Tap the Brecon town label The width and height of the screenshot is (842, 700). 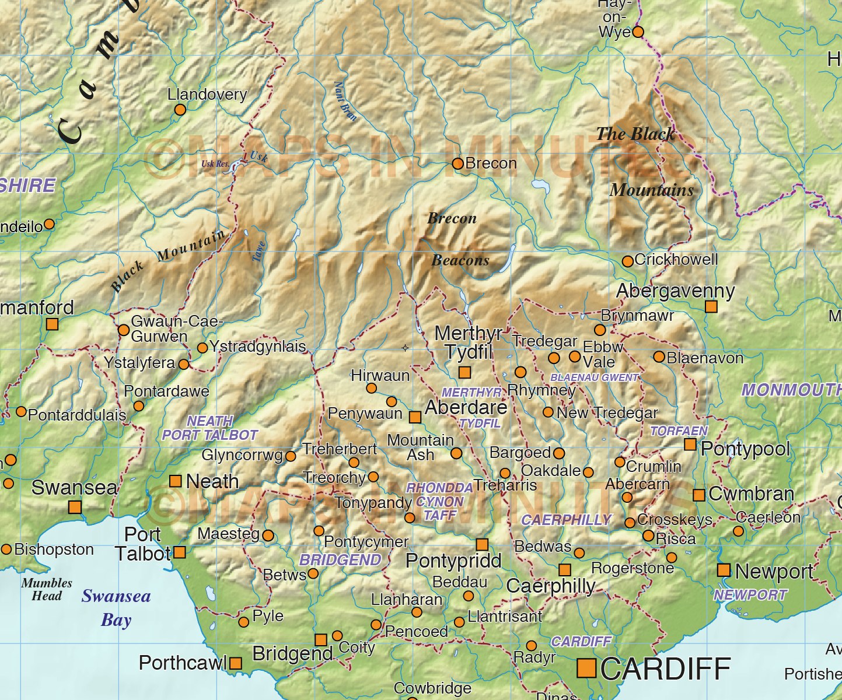tap(491, 163)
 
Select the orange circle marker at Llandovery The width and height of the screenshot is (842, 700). tap(180, 110)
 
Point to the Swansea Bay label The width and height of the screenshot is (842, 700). tap(116, 607)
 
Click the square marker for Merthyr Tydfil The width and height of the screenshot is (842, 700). tap(464, 372)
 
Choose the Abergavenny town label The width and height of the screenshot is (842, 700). tap(676, 290)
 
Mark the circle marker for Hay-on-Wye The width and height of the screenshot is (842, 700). tap(638, 32)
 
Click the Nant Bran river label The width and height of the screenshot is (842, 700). tap(345, 101)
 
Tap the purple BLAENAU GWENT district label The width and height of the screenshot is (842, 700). tap(594, 377)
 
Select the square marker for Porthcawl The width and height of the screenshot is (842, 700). tap(236, 663)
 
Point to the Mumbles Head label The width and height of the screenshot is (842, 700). tap(47, 589)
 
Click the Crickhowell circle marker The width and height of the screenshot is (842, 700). tap(628, 261)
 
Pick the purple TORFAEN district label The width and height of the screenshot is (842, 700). tap(679, 431)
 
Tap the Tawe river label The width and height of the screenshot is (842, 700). tap(259, 251)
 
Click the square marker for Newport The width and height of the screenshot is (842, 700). tap(724, 570)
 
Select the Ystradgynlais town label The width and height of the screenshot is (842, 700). tap(257, 346)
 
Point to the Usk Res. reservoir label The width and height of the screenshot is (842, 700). tap(215, 164)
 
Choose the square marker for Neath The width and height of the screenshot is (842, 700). tap(175, 481)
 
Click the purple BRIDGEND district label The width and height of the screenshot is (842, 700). tap(340, 560)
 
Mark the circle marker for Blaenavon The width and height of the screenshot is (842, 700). tap(659, 356)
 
